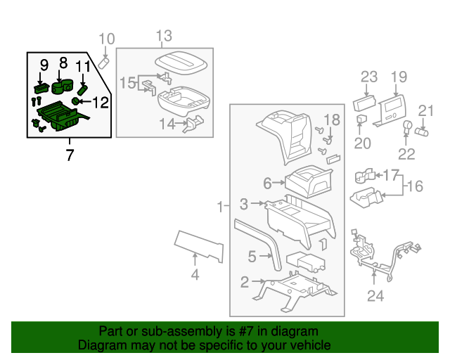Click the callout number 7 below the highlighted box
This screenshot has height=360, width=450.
[x=69, y=155]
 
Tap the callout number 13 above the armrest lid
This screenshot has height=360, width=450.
[x=164, y=36]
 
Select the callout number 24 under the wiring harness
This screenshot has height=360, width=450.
[x=375, y=296]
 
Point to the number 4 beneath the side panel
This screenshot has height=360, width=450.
[x=195, y=275]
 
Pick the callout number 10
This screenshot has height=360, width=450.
[x=105, y=39]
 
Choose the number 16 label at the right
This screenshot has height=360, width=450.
[x=416, y=186]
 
